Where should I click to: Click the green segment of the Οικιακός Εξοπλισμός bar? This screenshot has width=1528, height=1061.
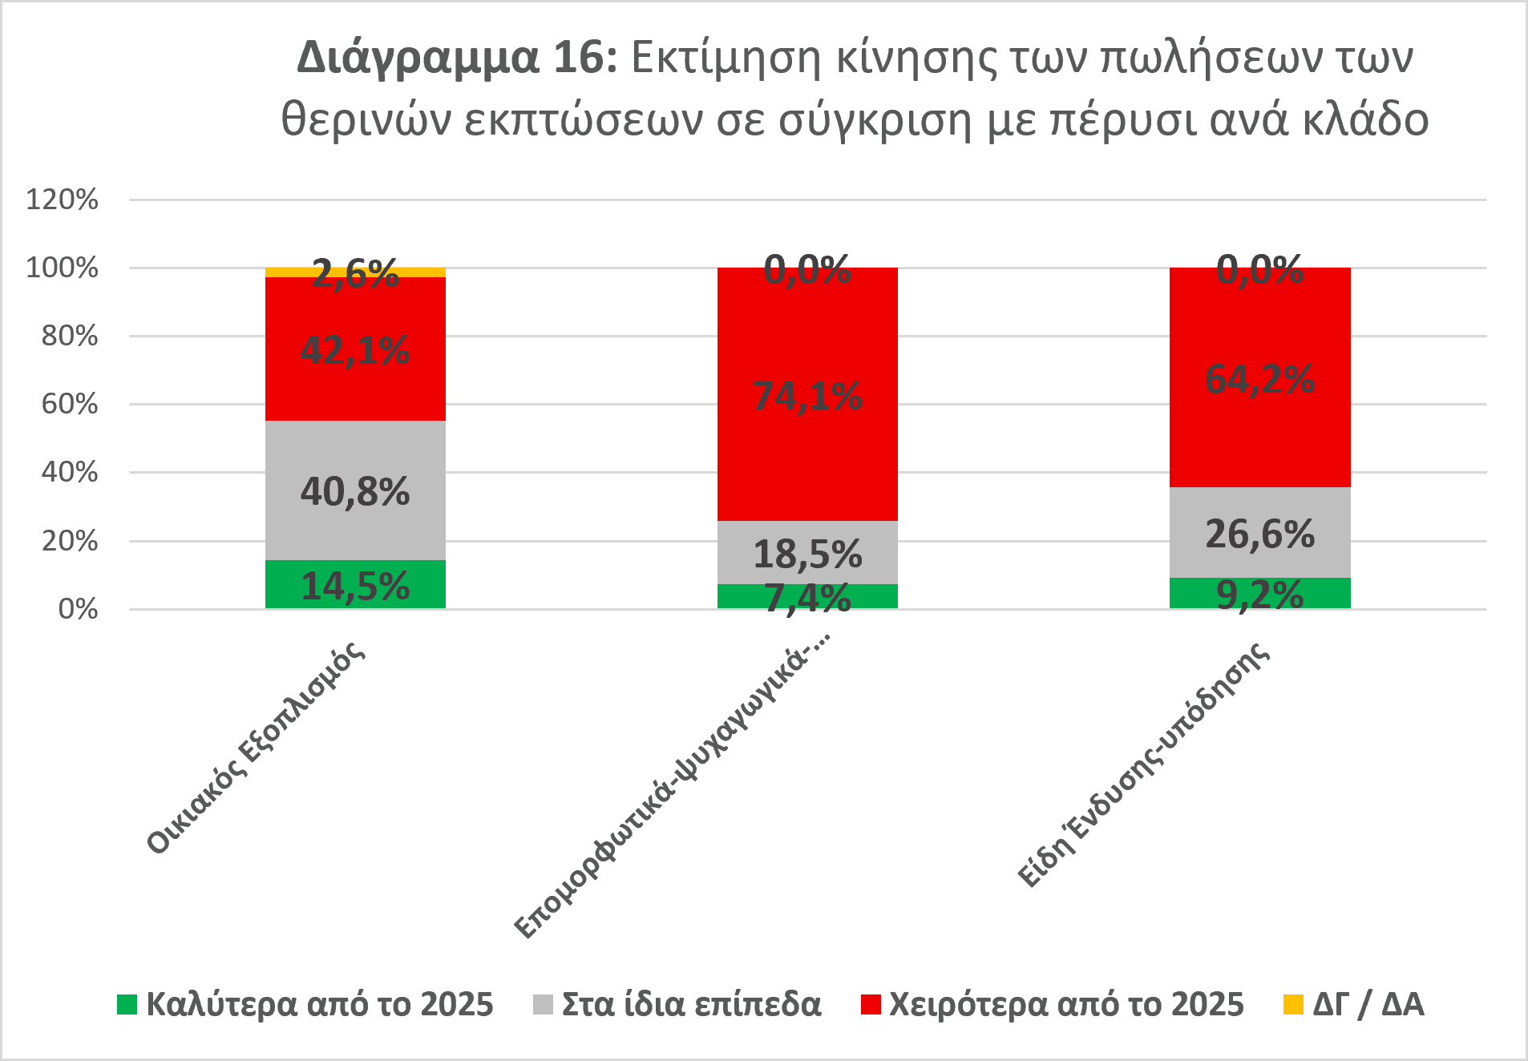(x=355, y=584)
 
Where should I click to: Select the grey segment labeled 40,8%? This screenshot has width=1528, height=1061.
(x=355, y=490)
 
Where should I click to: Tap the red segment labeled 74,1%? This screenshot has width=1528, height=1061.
(x=807, y=394)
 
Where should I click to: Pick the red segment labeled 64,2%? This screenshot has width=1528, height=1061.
(x=1260, y=377)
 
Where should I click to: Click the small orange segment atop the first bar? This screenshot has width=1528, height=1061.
(x=355, y=272)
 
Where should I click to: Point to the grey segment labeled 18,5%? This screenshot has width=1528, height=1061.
(x=807, y=552)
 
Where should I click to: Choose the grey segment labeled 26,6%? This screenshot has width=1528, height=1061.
(x=1260, y=532)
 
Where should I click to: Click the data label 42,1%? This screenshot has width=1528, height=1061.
(x=355, y=350)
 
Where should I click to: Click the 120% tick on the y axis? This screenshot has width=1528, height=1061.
(x=63, y=199)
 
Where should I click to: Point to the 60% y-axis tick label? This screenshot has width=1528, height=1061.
(x=70, y=404)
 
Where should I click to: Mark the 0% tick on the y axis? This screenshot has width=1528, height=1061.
(x=78, y=609)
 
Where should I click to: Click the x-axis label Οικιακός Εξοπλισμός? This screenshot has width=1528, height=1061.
(x=256, y=748)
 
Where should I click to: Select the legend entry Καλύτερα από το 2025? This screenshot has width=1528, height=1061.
(x=305, y=1004)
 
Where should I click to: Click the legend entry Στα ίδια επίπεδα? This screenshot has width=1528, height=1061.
(x=677, y=1004)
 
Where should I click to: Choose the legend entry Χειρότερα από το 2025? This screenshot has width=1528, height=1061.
(x=1053, y=1004)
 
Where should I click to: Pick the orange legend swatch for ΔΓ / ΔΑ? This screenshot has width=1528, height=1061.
(x=1293, y=1004)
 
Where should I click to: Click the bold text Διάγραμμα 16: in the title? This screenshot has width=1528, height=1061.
(x=458, y=58)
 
